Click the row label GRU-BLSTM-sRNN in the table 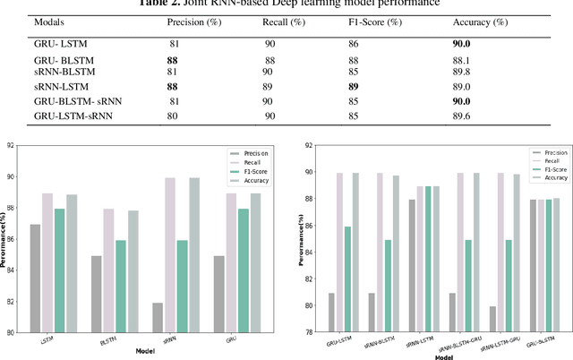pyautogui.click(x=71, y=100)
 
